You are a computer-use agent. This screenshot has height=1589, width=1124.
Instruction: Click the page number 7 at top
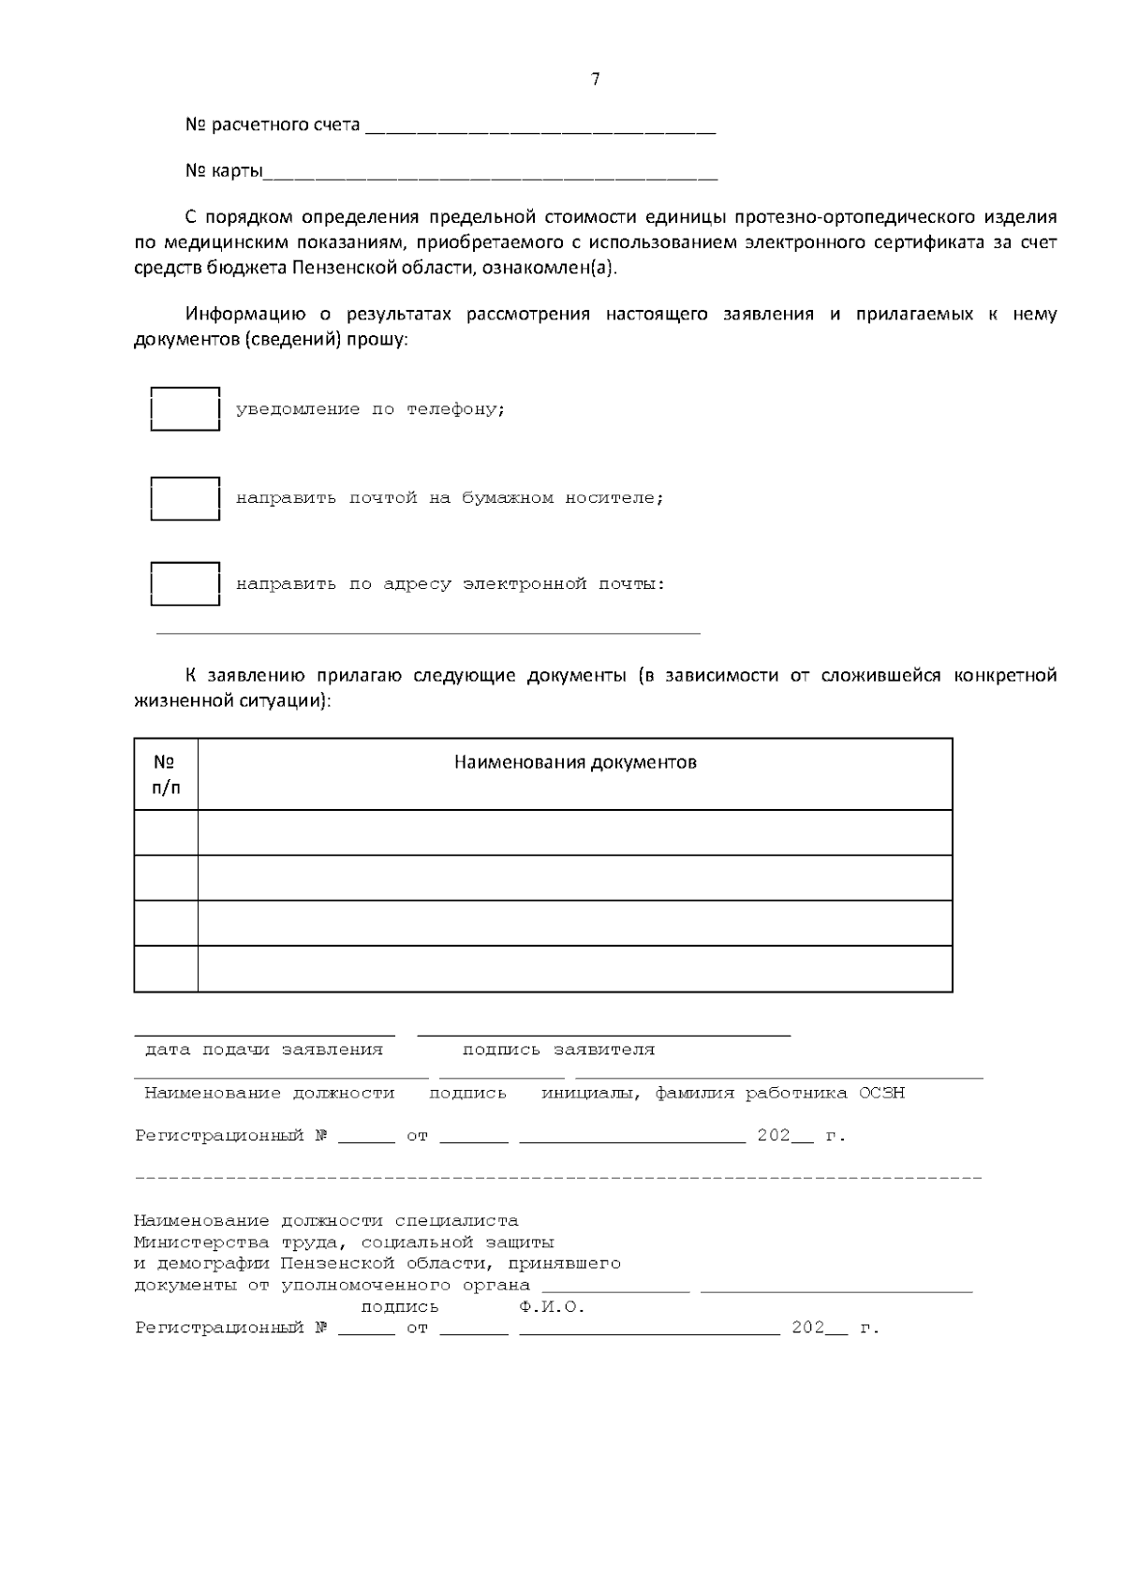pyautogui.click(x=596, y=80)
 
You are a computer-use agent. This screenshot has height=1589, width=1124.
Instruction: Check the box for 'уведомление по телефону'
pyautogui.click(x=185, y=408)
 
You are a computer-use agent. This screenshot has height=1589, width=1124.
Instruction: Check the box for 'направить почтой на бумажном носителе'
pyautogui.click(x=185, y=498)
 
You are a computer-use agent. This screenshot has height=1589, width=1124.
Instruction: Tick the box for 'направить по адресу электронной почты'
pyautogui.click(x=185, y=584)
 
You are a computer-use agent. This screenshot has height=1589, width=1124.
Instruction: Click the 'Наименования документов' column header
pyautogui.click(x=575, y=762)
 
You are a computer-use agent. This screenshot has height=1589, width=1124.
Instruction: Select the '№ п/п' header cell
pyautogui.click(x=166, y=774)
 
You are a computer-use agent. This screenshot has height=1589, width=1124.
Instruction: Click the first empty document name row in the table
pyautogui.click(x=575, y=832)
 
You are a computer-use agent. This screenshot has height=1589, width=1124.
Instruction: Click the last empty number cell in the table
pyautogui.click(x=166, y=969)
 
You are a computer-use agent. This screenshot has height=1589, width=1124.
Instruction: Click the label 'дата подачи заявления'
pyautogui.click(x=264, y=1050)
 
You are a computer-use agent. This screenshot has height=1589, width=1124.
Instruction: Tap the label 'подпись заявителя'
pyautogui.click(x=558, y=1050)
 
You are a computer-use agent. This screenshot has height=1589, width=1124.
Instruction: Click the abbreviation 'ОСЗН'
pyautogui.click(x=881, y=1093)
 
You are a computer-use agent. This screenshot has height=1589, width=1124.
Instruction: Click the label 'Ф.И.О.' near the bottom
pyautogui.click(x=552, y=1307)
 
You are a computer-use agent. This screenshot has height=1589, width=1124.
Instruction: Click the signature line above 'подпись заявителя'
pyautogui.click(x=603, y=1035)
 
